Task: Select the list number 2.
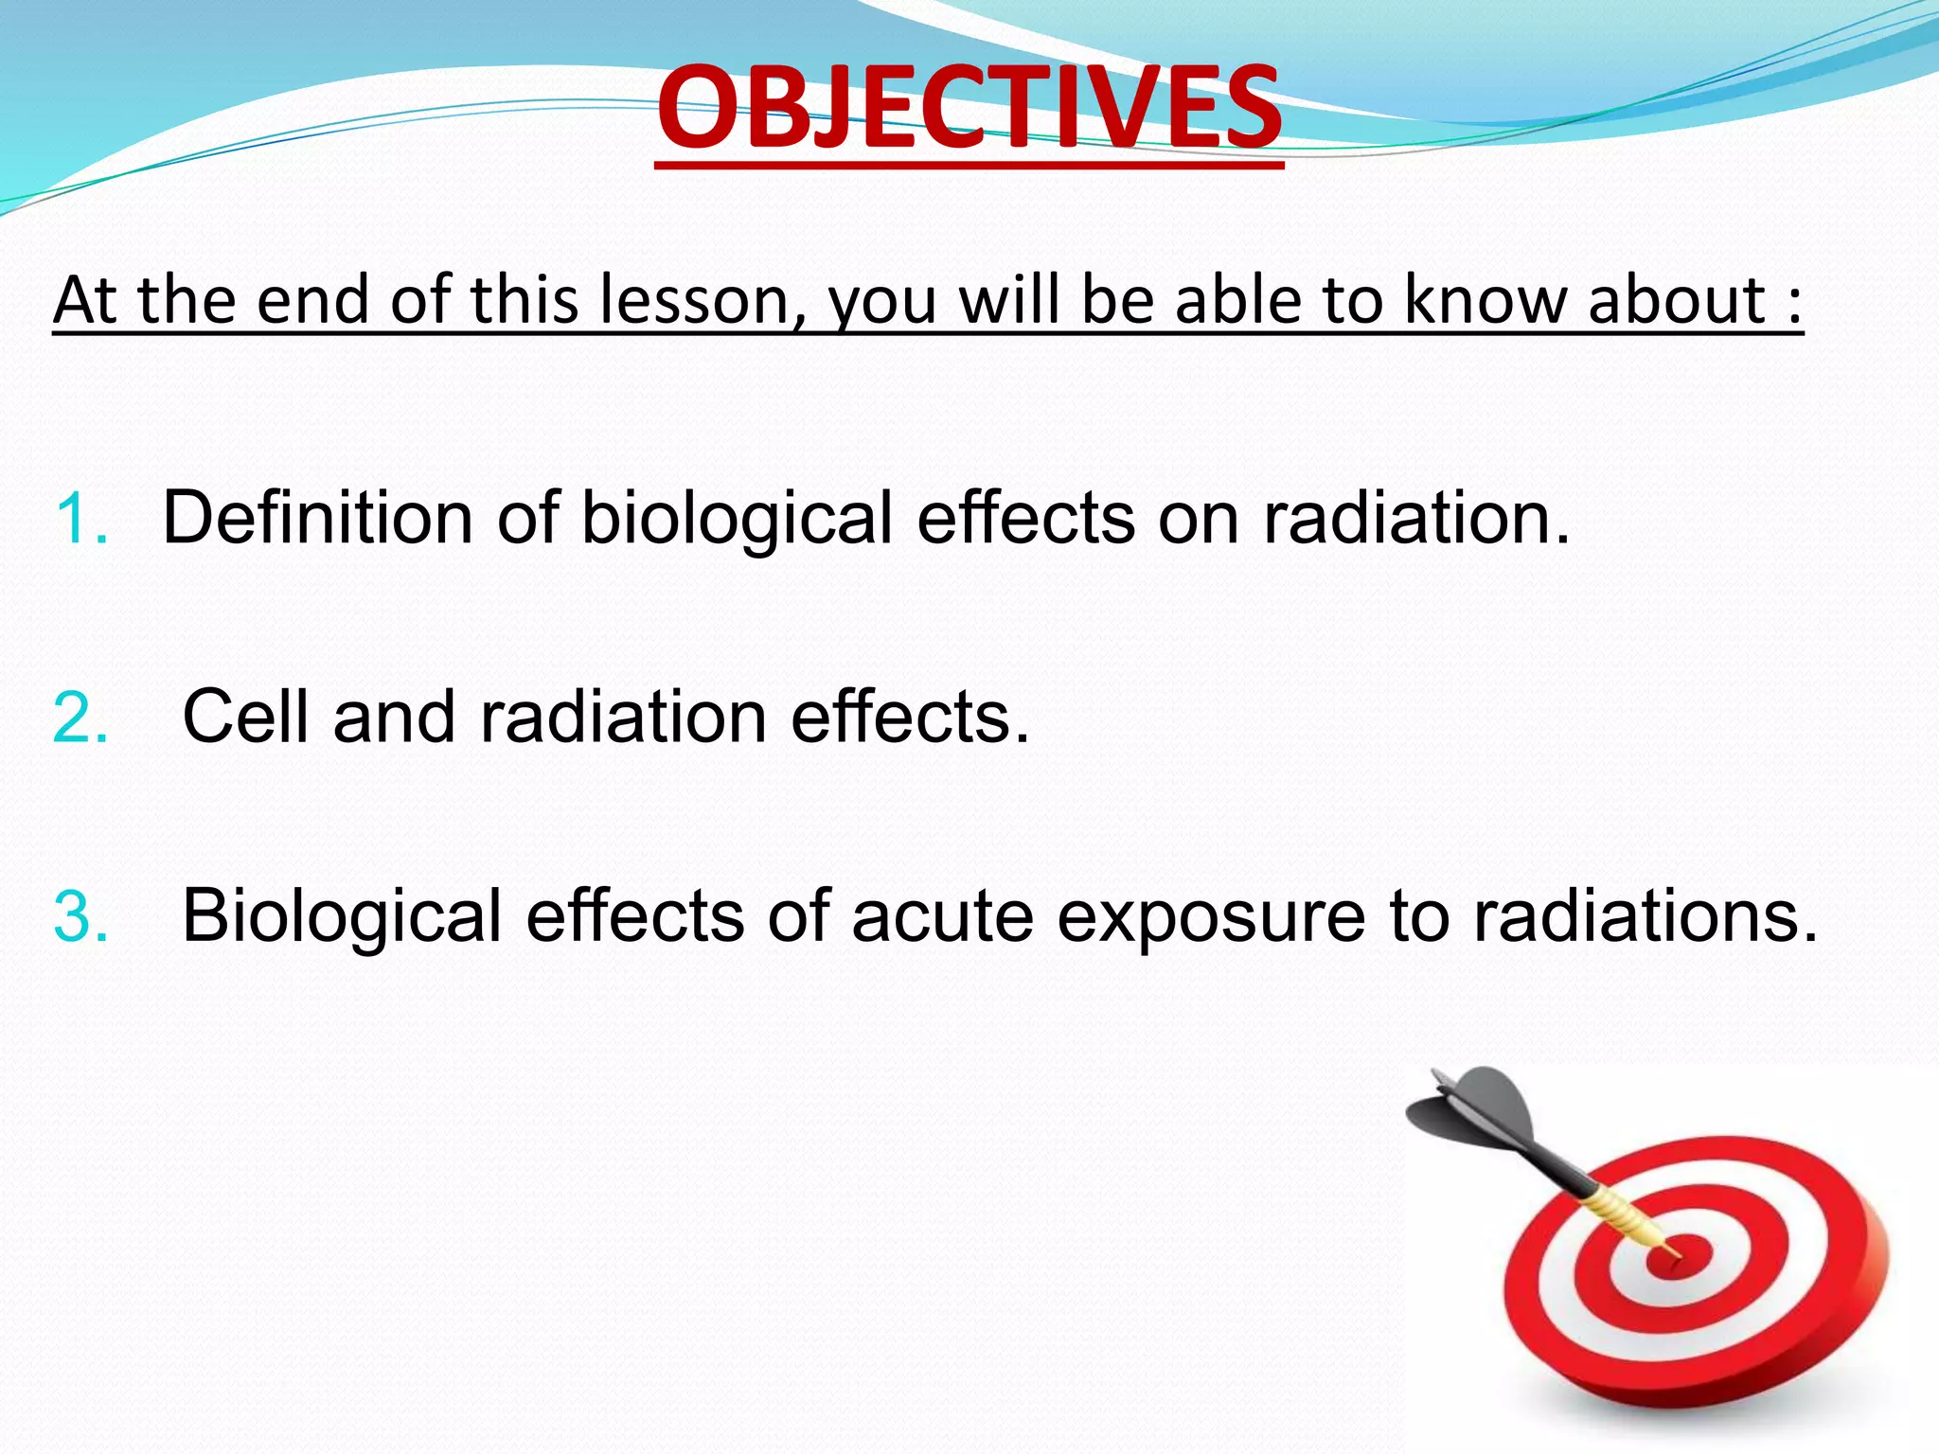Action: pyautogui.click(x=80, y=718)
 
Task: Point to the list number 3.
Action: pyautogui.click(x=80, y=916)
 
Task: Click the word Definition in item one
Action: pyautogui.click(x=317, y=519)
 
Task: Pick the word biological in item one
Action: pyautogui.click(x=737, y=519)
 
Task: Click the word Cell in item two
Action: pyautogui.click(x=245, y=717)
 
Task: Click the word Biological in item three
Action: pyautogui.click(x=341, y=916)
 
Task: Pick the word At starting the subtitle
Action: pyautogui.click(x=85, y=301)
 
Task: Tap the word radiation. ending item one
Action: pyautogui.click(x=1416, y=519)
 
